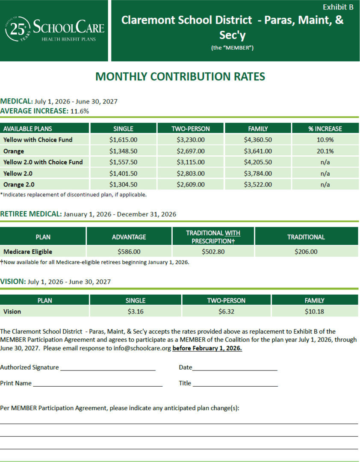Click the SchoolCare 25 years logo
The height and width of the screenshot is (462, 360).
(54, 30)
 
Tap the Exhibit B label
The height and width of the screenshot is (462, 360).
(338, 7)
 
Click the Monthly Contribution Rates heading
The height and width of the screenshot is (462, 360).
(180, 77)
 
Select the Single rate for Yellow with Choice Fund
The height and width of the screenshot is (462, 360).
(123, 139)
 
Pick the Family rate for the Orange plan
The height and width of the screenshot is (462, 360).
(258, 151)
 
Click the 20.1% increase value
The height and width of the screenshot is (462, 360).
(325, 151)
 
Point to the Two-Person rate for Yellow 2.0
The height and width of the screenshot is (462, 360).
(191, 173)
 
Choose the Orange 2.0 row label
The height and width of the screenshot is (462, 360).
(19, 185)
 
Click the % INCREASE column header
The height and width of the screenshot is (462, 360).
(325, 128)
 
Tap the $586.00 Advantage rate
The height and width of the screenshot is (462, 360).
(129, 252)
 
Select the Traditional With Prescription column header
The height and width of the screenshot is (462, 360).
(213, 237)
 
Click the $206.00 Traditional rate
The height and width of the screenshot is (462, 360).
(306, 252)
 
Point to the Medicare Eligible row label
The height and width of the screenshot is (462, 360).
(28, 252)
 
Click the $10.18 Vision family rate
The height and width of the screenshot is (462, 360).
(314, 311)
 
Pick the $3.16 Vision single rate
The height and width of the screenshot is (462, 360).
(136, 311)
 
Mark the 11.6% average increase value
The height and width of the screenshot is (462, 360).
(80, 111)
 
